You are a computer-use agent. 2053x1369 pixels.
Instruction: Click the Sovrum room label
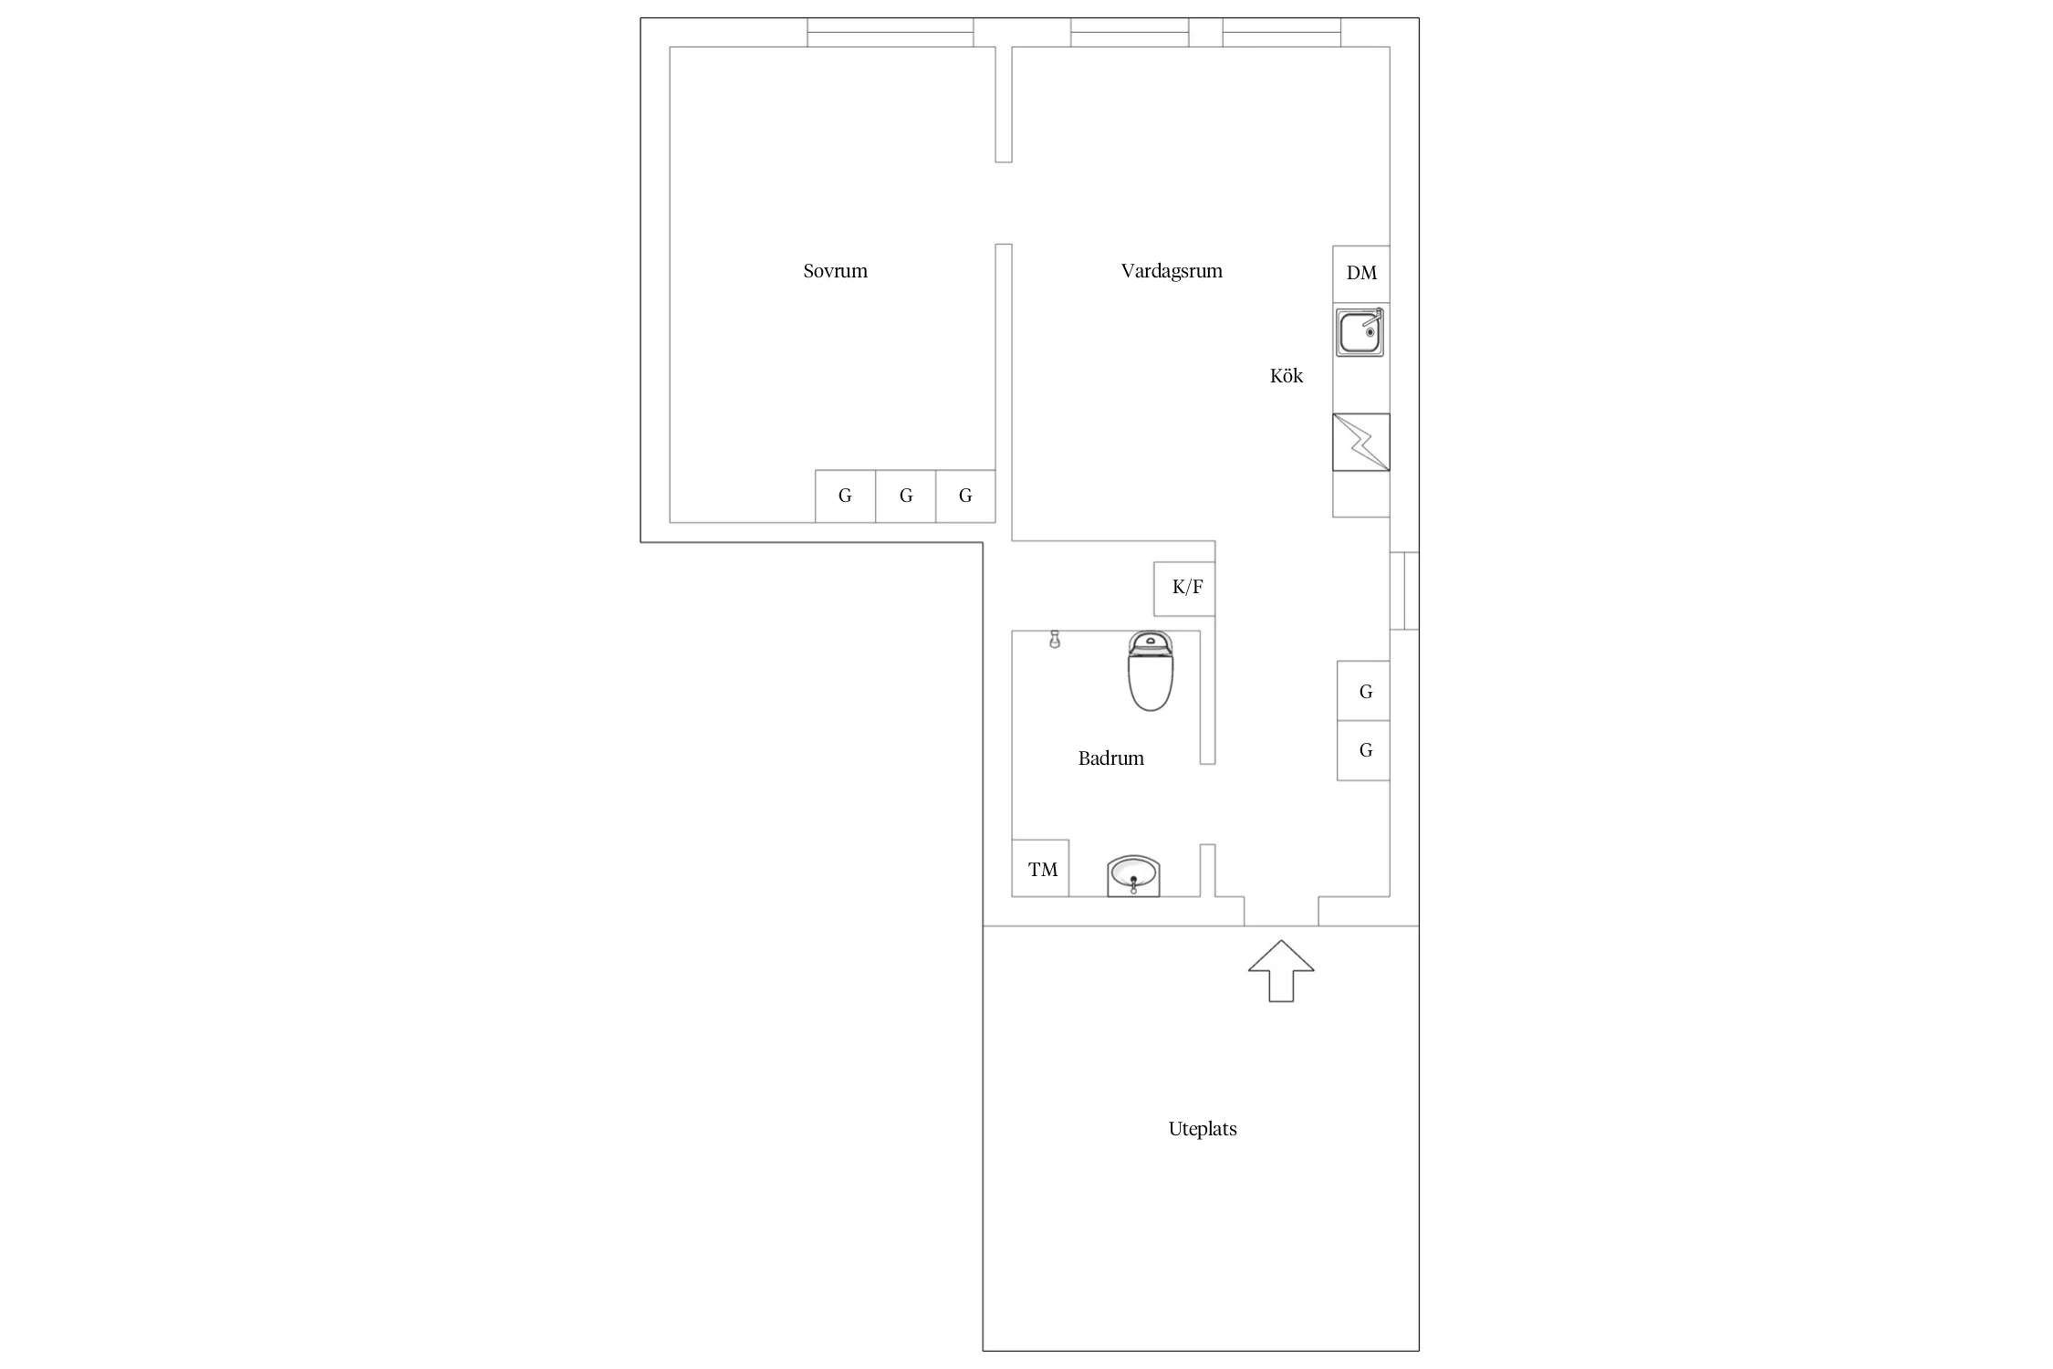click(835, 271)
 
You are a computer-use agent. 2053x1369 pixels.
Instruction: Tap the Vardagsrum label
click(1172, 271)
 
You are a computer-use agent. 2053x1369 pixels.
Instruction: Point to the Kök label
click(1287, 376)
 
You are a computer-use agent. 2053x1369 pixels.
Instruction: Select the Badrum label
click(1110, 758)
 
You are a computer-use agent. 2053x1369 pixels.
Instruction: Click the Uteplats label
click(1203, 1129)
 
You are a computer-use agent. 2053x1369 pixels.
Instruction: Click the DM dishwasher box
click(1360, 274)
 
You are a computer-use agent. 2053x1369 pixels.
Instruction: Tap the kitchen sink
click(1360, 332)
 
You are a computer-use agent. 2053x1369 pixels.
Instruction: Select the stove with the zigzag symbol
click(1360, 443)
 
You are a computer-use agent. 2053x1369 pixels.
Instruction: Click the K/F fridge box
click(1184, 589)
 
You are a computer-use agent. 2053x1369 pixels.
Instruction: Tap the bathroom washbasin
click(1133, 876)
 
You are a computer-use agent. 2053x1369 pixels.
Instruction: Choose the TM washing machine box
click(1040, 868)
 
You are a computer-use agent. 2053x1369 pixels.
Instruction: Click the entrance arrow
click(1281, 971)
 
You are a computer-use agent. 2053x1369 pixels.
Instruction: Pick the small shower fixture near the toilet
click(1055, 639)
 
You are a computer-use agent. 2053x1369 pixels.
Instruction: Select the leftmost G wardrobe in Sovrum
click(845, 496)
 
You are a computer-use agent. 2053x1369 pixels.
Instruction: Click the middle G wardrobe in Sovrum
click(905, 496)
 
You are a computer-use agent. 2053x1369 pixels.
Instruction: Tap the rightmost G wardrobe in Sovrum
click(965, 496)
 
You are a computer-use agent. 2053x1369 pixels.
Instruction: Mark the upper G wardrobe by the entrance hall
click(1363, 691)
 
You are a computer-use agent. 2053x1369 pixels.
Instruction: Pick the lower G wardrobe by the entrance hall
click(1363, 750)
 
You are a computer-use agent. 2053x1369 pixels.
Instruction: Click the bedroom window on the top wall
click(891, 33)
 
